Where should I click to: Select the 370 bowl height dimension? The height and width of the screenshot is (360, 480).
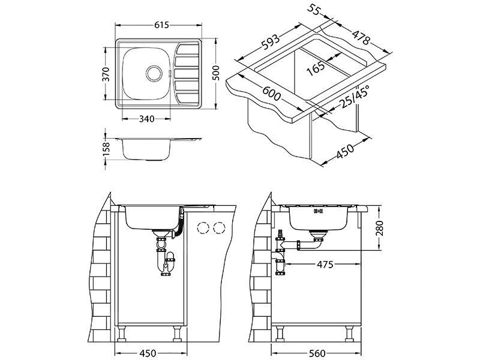(106, 74)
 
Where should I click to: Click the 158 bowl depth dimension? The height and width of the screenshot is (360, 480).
(106, 148)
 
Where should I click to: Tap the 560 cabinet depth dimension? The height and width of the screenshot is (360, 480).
(317, 353)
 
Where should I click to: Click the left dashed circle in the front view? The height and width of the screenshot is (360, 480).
(204, 227)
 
